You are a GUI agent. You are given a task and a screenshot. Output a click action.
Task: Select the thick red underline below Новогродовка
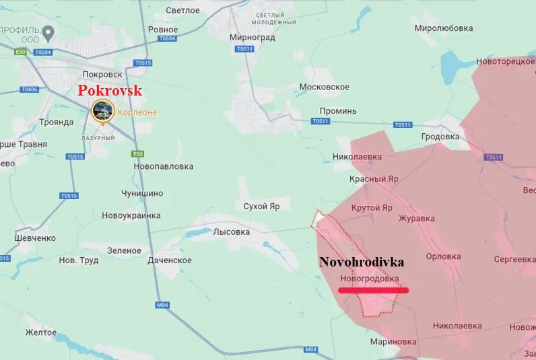[x=373, y=291]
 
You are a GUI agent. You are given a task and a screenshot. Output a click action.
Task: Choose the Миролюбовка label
[x=443, y=28]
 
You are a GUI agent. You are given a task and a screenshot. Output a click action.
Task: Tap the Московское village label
[x=324, y=87]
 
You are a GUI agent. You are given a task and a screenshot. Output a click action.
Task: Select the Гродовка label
[x=440, y=137]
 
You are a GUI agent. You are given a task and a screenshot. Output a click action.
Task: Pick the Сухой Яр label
[x=262, y=207]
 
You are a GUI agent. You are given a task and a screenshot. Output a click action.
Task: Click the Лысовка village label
[x=231, y=231]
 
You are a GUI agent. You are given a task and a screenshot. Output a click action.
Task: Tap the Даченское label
[x=169, y=260]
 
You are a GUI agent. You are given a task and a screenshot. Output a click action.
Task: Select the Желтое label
[x=40, y=332]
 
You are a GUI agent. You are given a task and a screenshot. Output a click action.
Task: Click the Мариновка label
[x=393, y=341]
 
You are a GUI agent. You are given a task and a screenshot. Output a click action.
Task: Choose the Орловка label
[x=443, y=256]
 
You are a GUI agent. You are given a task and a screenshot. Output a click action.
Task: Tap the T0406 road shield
[x=30, y=89]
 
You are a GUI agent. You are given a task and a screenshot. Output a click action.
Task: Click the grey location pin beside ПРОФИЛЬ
[x=48, y=32]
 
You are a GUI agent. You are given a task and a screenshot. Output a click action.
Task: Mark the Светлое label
[x=183, y=10]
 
